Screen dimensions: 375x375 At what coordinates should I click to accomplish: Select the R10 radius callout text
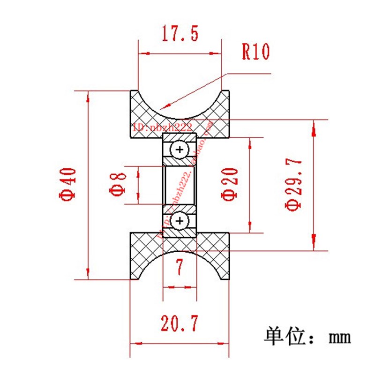[255, 52]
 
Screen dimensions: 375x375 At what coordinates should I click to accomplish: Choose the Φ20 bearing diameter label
[229, 184]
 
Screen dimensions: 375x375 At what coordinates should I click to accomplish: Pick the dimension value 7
[179, 268]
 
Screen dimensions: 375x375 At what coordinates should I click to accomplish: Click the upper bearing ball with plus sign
[179, 150]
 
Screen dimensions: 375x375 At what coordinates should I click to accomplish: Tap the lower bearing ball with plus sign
[179, 220]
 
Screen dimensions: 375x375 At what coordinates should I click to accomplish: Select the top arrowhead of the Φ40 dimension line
[88, 96]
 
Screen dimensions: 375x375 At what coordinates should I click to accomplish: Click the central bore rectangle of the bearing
[179, 185]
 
